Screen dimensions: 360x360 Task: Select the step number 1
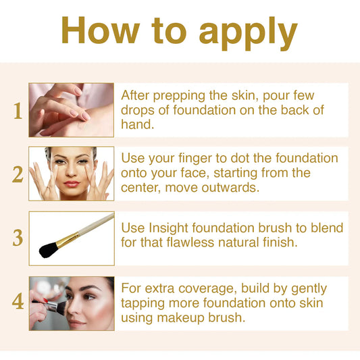pos(18,111)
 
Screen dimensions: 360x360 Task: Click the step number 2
pos(18,174)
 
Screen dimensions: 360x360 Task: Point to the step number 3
pos(18,238)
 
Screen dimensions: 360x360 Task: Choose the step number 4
pos(18,302)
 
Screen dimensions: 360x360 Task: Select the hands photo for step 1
pos(71,110)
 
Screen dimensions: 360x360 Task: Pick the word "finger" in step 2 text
pos(184,159)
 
